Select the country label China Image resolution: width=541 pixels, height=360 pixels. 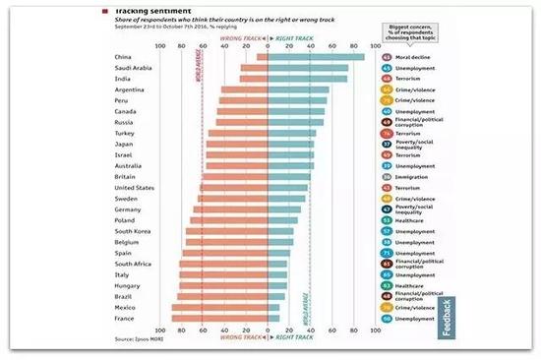pos(124,57)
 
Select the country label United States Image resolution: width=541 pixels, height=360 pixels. pos(134,187)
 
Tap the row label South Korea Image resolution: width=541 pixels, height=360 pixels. pos(132,231)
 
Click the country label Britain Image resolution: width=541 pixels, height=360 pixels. pos(125,176)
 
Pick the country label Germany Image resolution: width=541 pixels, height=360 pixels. pos(128,210)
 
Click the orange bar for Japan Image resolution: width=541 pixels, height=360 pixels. pos(237,144)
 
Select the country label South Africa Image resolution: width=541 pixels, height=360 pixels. pos(133,264)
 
